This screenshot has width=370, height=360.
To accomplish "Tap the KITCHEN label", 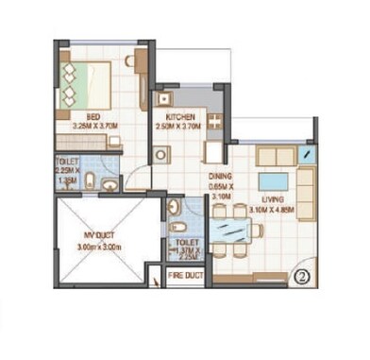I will click(181, 117).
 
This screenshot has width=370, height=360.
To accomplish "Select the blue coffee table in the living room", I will click(275, 180).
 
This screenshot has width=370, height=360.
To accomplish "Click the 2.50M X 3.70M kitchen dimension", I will click(181, 128).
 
